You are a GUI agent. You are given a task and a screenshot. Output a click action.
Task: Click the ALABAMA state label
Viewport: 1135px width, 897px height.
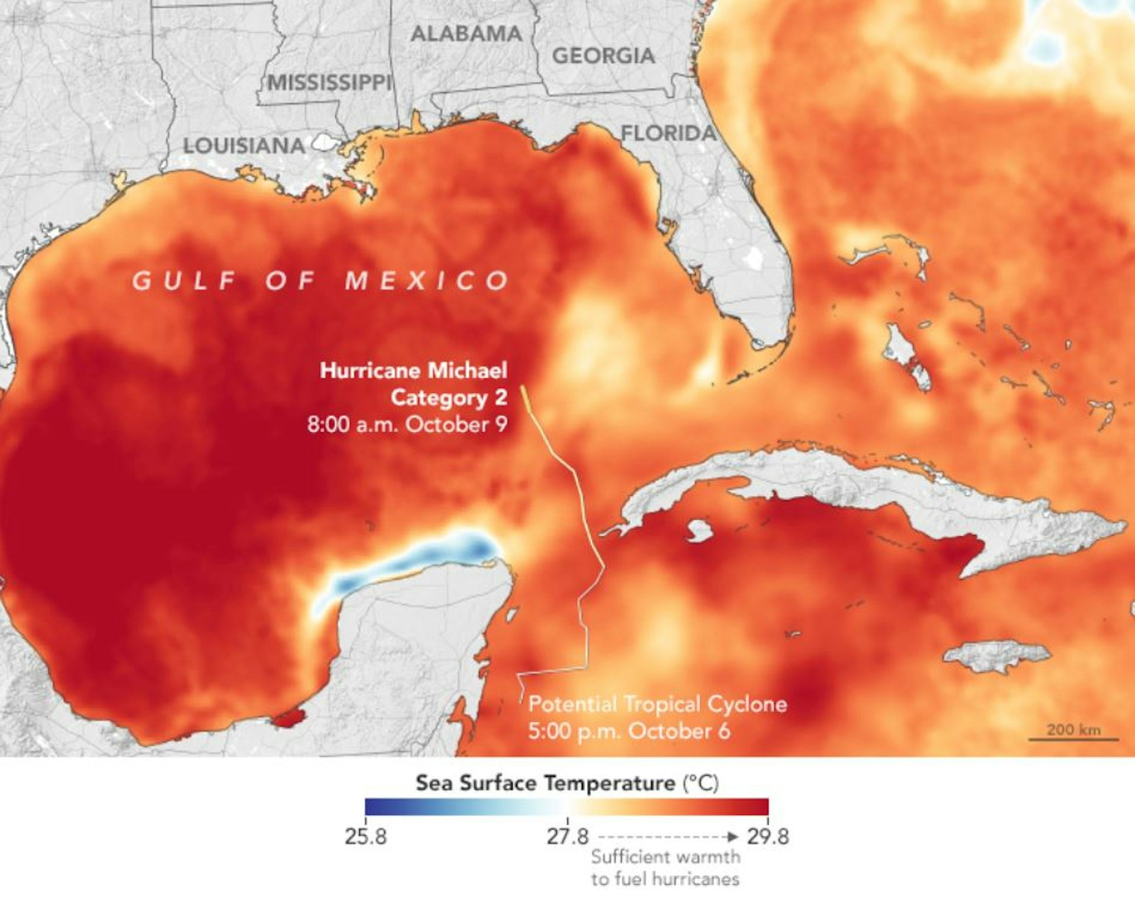(x=466, y=34)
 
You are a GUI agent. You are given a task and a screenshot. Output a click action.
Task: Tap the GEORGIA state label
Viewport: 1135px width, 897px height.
(x=603, y=56)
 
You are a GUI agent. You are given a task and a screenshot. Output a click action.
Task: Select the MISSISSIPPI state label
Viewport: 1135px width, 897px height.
(x=329, y=83)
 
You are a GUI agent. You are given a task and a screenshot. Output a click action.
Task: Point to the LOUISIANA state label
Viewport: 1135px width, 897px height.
(x=244, y=145)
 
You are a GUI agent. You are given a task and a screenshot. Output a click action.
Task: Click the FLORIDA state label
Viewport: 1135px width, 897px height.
(x=668, y=134)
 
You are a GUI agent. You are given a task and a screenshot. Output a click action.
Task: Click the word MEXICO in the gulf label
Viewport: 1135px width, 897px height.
(x=427, y=280)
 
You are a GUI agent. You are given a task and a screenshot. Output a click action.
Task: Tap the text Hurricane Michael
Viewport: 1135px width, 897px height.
(x=413, y=371)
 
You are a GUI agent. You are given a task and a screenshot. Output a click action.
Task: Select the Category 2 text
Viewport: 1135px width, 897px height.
(x=449, y=397)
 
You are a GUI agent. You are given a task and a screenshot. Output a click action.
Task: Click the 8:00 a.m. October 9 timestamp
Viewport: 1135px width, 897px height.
(x=407, y=425)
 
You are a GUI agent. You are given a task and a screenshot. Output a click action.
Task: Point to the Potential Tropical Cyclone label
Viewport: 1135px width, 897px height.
(x=657, y=704)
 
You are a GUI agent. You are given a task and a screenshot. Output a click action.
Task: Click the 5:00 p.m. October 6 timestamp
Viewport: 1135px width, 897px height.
(x=629, y=731)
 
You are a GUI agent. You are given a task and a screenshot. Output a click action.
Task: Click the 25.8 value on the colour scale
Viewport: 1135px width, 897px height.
(x=365, y=837)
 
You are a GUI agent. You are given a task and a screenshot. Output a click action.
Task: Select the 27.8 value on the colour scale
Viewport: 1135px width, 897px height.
(x=567, y=837)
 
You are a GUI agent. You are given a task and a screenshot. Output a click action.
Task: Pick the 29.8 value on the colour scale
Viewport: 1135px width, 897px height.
(x=767, y=837)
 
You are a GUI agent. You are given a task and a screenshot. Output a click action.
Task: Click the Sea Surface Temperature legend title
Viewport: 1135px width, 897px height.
(x=567, y=783)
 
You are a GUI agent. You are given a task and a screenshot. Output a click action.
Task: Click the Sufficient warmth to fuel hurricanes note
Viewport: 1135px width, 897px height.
(x=665, y=867)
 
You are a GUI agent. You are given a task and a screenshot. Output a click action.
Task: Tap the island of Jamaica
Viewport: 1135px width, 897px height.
(x=995, y=656)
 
